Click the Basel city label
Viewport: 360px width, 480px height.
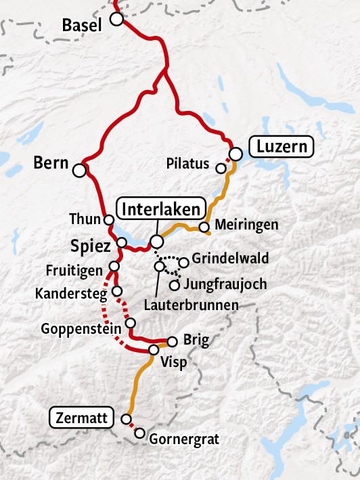point(81,26)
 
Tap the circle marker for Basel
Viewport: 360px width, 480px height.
point(117,20)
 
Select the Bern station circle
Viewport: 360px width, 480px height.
point(80,170)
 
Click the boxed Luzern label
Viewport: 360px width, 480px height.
point(282,146)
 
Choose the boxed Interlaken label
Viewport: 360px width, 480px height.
point(162,208)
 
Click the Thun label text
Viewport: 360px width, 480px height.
point(85,219)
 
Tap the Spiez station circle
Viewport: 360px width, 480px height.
point(122,242)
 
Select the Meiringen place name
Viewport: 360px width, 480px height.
point(246,225)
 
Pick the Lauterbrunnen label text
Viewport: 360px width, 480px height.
point(192,305)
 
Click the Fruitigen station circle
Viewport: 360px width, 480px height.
point(114,267)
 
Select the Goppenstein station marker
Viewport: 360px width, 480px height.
point(131,323)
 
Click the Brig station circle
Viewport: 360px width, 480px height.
point(172,341)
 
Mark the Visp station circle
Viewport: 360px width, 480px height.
point(154,350)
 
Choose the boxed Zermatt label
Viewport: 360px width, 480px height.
point(82,418)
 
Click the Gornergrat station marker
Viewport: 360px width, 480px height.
point(140,433)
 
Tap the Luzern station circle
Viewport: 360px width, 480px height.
point(235,154)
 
